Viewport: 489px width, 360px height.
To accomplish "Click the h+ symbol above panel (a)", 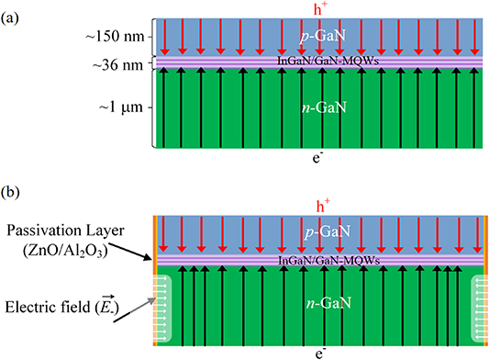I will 319,8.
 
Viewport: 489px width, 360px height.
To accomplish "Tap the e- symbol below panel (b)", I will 318,352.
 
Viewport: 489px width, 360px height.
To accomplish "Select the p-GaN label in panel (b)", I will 319,236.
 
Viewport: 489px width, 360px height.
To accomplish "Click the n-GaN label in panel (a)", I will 319,107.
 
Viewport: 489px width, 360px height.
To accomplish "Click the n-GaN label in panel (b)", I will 319,301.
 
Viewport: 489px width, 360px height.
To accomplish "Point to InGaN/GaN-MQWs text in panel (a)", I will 319,62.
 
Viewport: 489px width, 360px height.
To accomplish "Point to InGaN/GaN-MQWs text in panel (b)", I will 319,262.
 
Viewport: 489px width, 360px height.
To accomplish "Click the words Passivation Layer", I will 65,227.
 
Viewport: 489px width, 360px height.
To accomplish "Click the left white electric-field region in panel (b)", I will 168,303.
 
